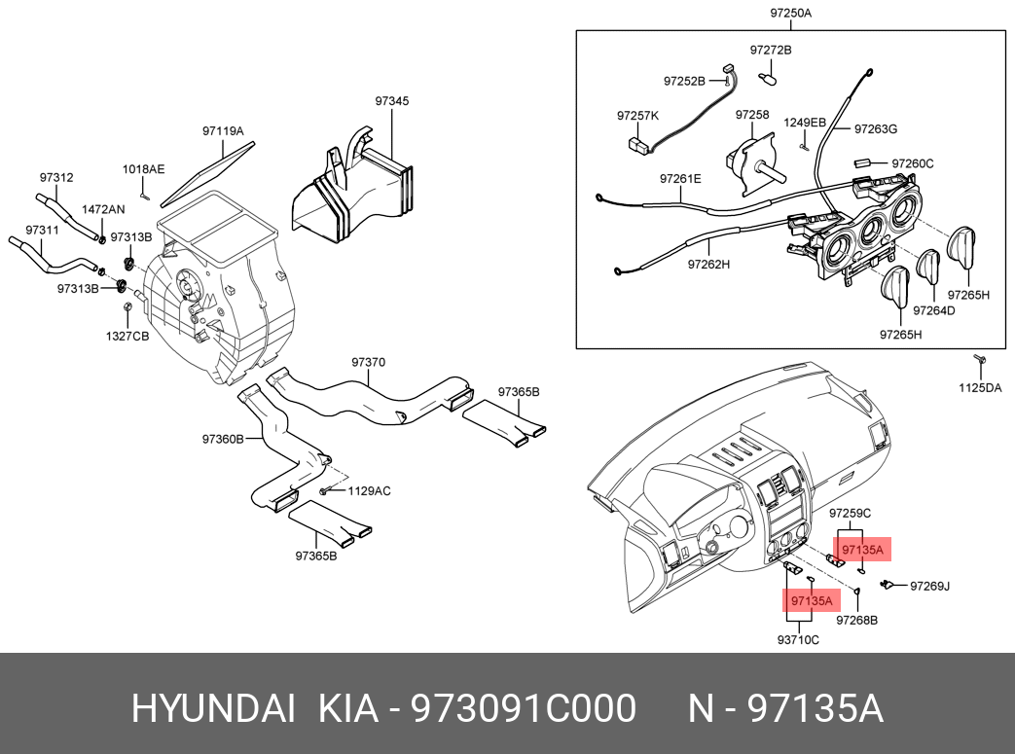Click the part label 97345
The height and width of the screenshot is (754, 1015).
(391, 101)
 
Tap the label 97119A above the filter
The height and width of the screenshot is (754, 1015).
(223, 130)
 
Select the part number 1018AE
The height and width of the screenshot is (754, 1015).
(144, 169)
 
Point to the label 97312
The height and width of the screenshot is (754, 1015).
(56, 177)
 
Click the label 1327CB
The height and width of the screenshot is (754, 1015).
(127, 336)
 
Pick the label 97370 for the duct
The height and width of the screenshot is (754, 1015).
(368, 363)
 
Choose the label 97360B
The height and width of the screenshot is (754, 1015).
(223, 439)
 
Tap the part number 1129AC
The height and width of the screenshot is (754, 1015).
(369, 490)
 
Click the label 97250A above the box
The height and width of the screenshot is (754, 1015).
(790, 13)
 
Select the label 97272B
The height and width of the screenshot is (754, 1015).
(771, 50)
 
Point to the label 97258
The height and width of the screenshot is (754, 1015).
(752, 115)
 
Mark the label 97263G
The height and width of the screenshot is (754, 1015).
(876, 128)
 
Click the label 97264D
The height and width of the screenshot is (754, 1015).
(933, 310)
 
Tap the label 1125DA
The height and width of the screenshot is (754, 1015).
(980, 387)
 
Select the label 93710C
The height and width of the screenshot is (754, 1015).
(798, 639)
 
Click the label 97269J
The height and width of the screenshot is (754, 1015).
(929, 586)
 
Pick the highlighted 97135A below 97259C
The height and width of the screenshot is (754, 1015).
(862, 550)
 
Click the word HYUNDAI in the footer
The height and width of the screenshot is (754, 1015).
(214, 708)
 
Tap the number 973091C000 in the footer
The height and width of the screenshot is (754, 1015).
(525, 708)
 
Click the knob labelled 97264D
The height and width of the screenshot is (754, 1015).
(929, 266)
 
